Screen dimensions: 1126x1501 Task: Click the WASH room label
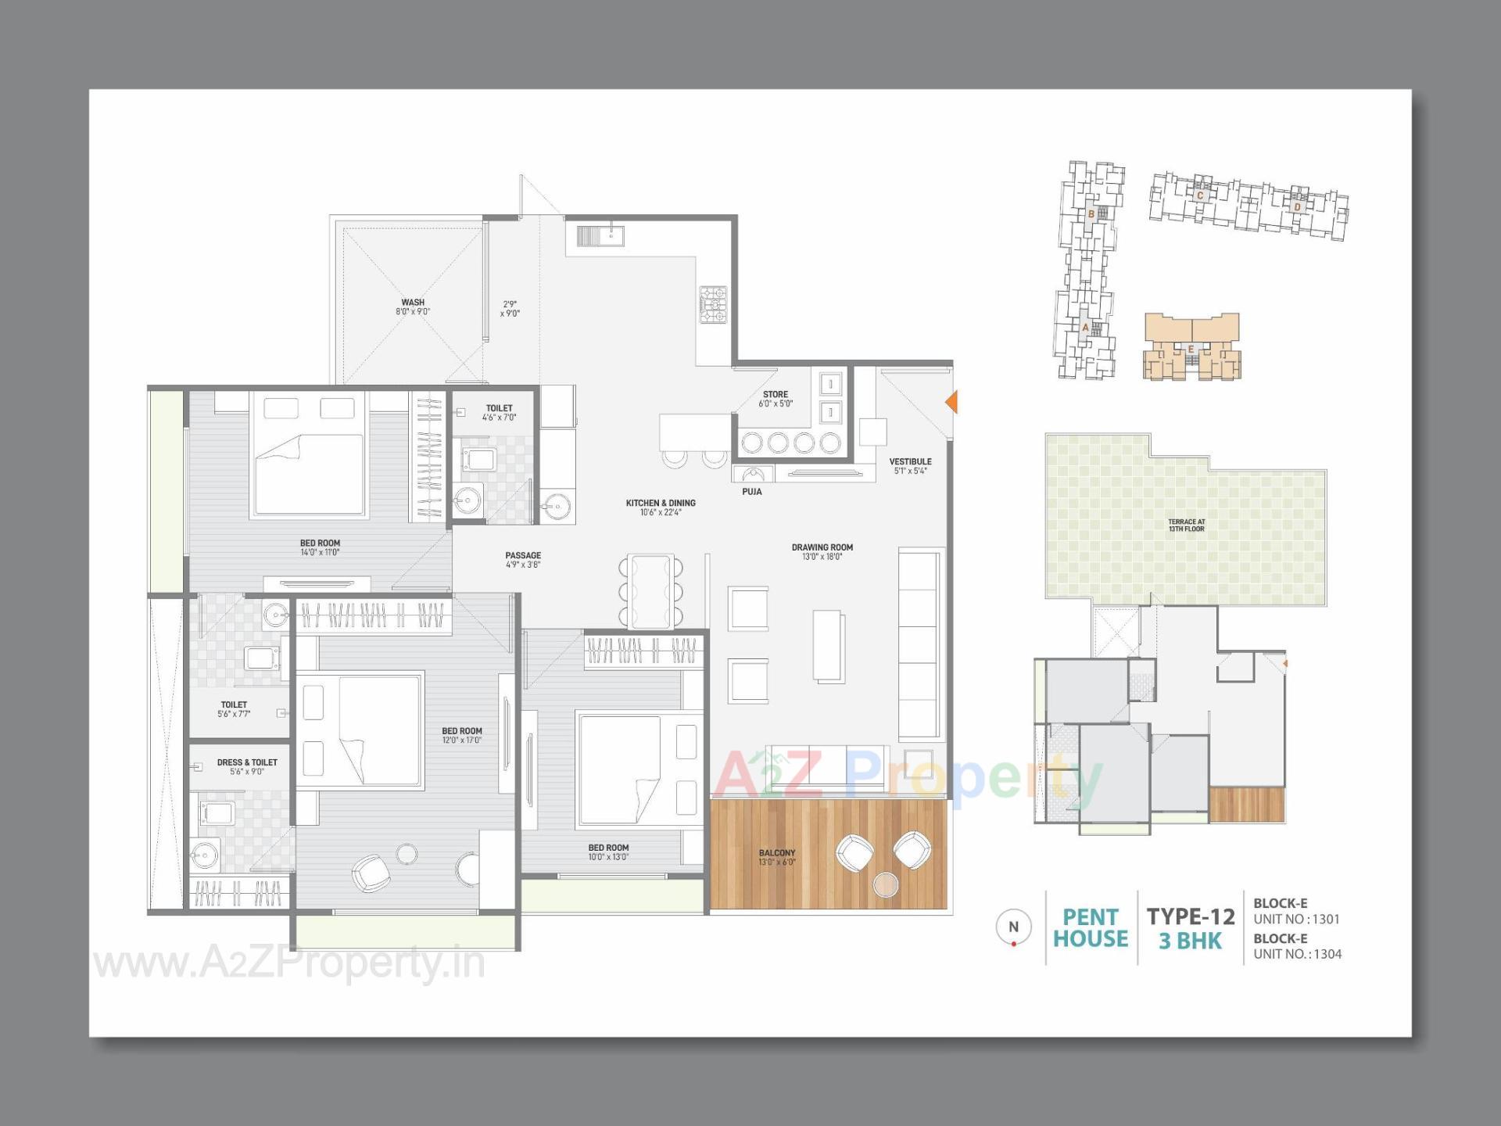(x=413, y=303)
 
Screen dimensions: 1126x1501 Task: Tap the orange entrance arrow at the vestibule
(x=951, y=402)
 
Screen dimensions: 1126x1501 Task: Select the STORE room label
(x=775, y=395)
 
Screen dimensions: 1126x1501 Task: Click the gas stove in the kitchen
(x=712, y=305)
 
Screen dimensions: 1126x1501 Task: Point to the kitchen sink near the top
(x=600, y=235)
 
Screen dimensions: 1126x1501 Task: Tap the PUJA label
(x=751, y=492)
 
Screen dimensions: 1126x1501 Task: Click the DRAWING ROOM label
(x=822, y=547)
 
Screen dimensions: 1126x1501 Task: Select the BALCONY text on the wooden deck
(x=776, y=853)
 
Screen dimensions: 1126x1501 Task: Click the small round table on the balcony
(x=886, y=884)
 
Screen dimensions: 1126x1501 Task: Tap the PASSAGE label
(x=523, y=555)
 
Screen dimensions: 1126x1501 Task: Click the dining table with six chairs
(x=651, y=591)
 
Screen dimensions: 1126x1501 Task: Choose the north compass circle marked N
(x=1013, y=927)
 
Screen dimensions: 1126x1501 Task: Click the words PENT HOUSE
(x=1090, y=928)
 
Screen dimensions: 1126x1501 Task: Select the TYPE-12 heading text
(x=1190, y=916)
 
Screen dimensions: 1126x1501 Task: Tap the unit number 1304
(x=1327, y=954)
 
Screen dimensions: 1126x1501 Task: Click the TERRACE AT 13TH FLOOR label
(x=1186, y=525)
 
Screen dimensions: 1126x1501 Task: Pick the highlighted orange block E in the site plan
(x=1191, y=347)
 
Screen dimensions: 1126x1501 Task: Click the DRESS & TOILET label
(x=247, y=762)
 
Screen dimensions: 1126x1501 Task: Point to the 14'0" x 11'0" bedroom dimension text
(x=320, y=553)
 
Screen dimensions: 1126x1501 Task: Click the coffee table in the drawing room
(x=828, y=646)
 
